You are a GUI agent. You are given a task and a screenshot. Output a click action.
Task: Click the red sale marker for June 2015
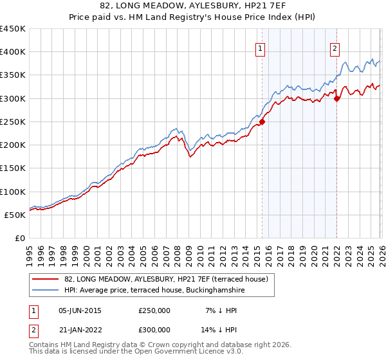262,122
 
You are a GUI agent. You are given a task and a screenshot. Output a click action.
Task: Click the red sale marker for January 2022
337,98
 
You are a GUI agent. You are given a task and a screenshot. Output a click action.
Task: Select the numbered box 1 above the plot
261,47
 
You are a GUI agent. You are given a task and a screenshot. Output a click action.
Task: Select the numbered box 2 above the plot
335,47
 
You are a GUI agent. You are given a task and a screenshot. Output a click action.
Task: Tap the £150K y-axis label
13,168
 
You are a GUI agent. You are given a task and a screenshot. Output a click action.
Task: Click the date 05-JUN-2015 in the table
80,310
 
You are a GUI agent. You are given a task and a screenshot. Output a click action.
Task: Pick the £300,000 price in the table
154,328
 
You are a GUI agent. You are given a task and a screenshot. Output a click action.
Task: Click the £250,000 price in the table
154,310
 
